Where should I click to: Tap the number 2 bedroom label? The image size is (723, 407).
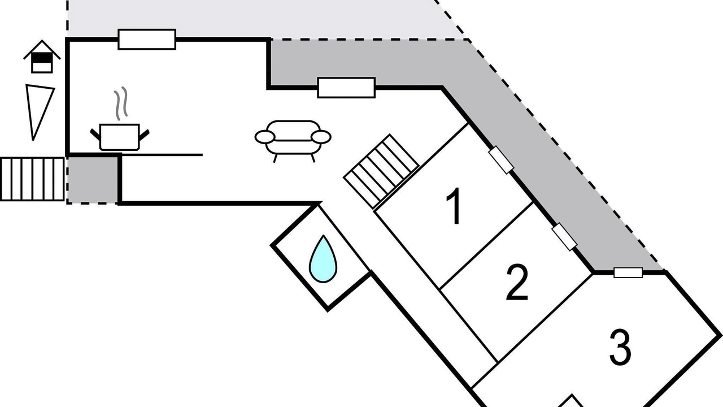[x=517, y=282]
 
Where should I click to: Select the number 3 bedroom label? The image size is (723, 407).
[x=620, y=348]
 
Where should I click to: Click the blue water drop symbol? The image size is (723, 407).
[x=323, y=259]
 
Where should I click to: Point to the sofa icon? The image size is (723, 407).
[x=293, y=138]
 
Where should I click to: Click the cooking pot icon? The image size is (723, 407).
[x=119, y=137]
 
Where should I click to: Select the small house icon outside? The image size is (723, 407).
[x=42, y=57]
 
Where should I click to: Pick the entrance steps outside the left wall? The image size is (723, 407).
[x=32, y=179]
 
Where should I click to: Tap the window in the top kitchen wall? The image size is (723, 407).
[x=146, y=40]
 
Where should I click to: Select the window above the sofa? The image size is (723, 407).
[x=346, y=88]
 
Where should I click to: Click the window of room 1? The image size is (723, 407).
[x=501, y=159]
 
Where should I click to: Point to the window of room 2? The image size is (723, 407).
[x=564, y=236]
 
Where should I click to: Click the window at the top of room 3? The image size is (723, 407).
[x=628, y=272]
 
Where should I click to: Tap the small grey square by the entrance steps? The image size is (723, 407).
[x=93, y=179]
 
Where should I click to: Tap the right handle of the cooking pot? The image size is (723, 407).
[x=145, y=134]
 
